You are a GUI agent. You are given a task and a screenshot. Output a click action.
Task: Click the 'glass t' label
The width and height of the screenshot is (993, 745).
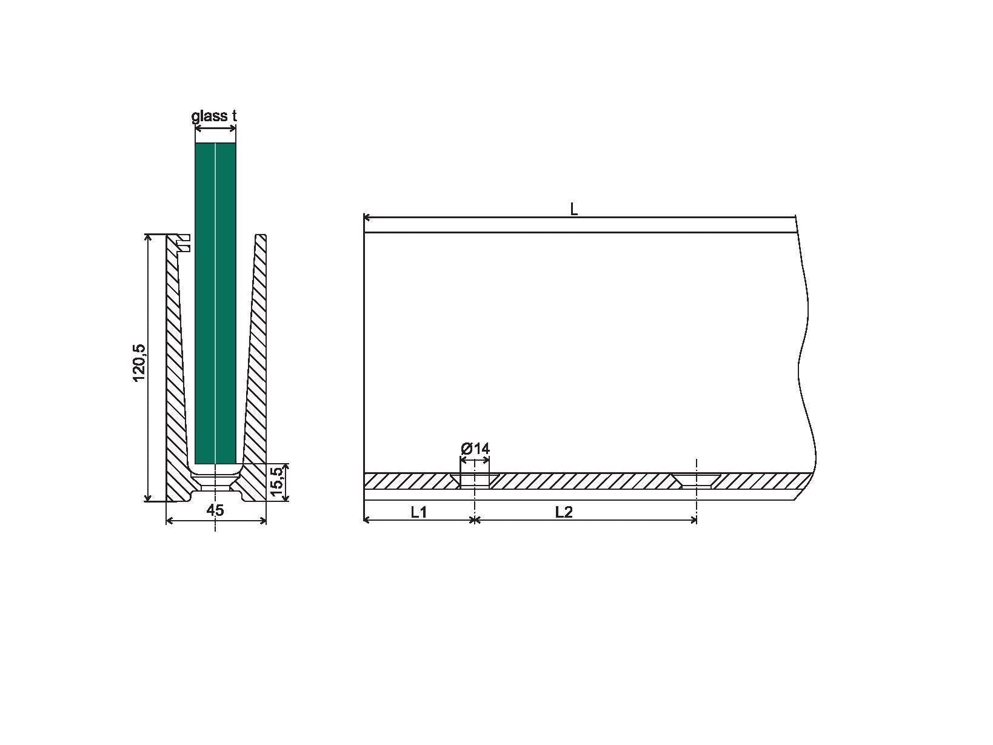click(213, 117)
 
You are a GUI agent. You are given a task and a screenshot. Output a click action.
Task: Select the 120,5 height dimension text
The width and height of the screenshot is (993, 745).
click(139, 362)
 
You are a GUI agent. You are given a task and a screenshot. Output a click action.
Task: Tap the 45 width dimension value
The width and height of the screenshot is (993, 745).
click(215, 510)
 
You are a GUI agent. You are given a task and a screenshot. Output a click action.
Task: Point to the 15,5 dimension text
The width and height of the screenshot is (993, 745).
click(278, 482)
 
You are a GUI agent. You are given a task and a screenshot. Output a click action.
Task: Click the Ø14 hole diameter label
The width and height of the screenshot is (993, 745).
click(475, 449)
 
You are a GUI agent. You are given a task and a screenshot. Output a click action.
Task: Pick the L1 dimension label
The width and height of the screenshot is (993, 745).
click(418, 512)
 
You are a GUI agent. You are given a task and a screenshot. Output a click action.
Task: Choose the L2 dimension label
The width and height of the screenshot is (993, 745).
click(564, 512)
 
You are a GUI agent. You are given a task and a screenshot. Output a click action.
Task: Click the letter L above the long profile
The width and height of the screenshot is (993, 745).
click(573, 209)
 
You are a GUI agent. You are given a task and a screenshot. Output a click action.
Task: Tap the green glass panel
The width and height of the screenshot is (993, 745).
click(215, 304)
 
